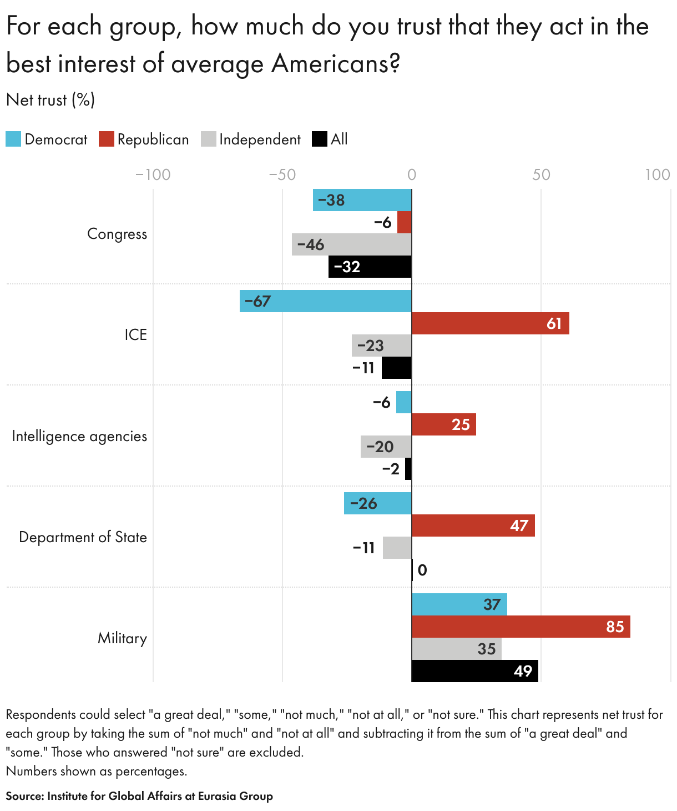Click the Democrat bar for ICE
click(326, 301)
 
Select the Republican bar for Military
click(521, 627)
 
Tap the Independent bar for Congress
click(352, 244)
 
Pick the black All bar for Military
click(474, 671)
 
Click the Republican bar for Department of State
click(473, 525)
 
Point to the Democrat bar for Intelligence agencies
click(404, 402)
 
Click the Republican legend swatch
click(107, 139)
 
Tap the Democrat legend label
click(56, 139)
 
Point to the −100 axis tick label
click(153, 175)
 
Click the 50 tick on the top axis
click(541, 175)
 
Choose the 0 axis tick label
click(412, 175)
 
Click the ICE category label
click(135, 335)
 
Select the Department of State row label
click(83, 537)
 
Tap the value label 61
click(554, 323)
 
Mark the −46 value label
click(311, 244)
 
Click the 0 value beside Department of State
click(422, 570)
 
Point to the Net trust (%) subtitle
click(50, 100)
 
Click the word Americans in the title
click(335, 63)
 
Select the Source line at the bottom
click(139, 796)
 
